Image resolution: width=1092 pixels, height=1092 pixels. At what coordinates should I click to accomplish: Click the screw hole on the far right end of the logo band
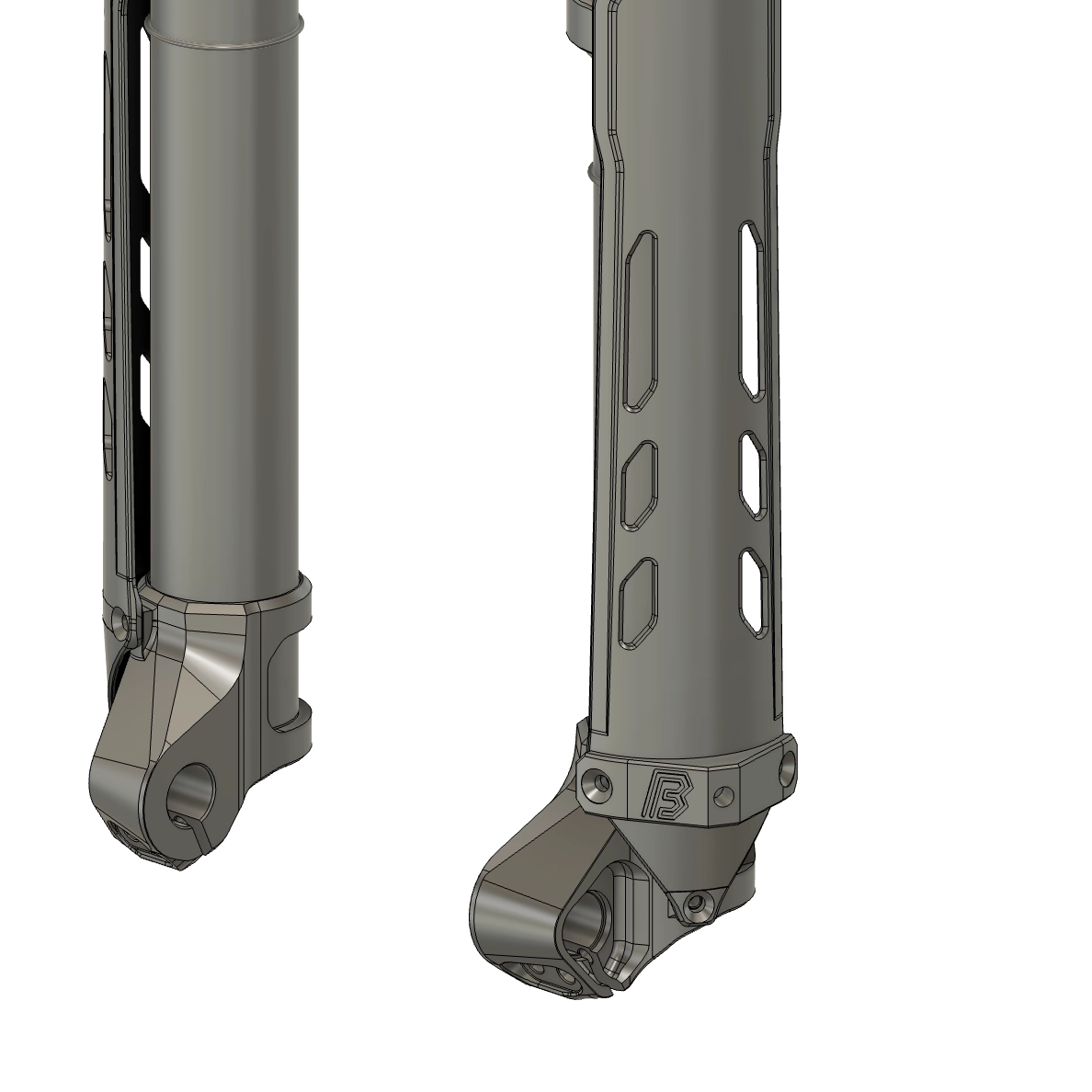tap(788, 766)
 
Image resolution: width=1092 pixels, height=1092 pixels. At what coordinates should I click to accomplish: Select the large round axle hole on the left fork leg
tap(194, 786)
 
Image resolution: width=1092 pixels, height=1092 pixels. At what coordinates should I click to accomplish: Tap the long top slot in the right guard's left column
tap(640, 321)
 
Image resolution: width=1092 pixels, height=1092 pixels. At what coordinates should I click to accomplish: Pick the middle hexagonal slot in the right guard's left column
tap(640, 486)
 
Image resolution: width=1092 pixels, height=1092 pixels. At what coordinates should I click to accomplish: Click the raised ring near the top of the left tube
tap(225, 36)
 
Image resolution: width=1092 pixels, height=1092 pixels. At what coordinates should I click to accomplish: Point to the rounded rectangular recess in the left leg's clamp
tap(287, 677)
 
